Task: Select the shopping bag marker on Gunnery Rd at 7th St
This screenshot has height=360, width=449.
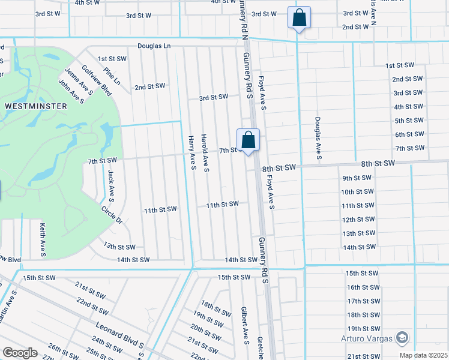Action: coord(248,140)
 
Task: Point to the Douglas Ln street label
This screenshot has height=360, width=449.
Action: coord(154,46)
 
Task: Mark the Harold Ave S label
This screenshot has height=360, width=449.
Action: coord(205,152)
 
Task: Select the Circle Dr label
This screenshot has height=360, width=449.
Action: coord(112,215)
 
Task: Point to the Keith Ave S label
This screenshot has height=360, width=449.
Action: coord(42,240)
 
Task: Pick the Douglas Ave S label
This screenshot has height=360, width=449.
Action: coord(316,141)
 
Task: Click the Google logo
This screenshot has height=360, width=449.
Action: coord(20,352)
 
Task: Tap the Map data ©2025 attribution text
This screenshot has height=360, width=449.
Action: coord(423,355)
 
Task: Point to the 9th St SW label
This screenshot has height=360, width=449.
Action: coord(358,178)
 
